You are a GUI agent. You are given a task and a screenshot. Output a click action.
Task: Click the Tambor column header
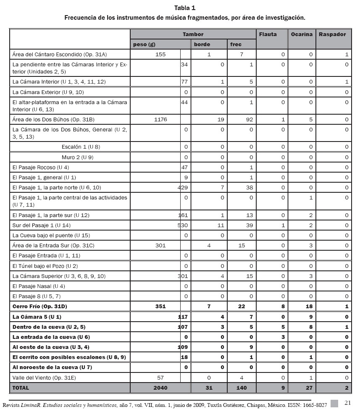click(193, 34)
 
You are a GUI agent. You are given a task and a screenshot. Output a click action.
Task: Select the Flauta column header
click(268, 34)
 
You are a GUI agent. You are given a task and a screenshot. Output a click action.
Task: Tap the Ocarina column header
click(302, 34)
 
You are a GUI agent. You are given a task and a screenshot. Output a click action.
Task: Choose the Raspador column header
click(332, 34)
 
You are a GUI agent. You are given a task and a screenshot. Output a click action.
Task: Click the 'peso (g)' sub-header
click(142, 45)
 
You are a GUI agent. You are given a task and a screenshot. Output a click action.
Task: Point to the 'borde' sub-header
click(202, 45)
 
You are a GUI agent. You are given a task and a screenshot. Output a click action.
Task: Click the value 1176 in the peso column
click(160, 120)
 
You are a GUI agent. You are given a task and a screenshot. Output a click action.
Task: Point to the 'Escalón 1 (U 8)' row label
click(81, 147)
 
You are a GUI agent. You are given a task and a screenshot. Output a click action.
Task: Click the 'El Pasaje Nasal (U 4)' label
click(38, 286)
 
